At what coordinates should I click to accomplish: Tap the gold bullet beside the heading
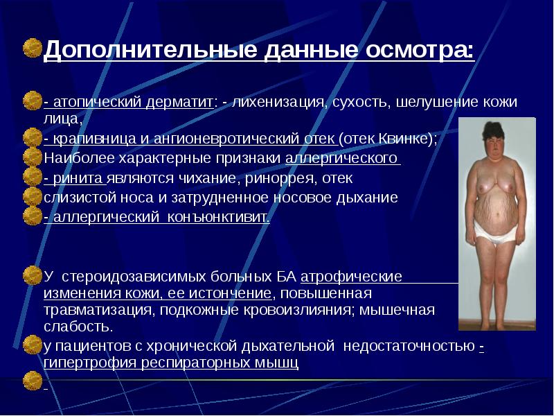coord(32,49)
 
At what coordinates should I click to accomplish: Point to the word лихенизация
coord(280,103)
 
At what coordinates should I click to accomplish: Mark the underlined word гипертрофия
coord(88,362)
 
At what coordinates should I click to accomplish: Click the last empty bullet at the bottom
coord(32,379)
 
